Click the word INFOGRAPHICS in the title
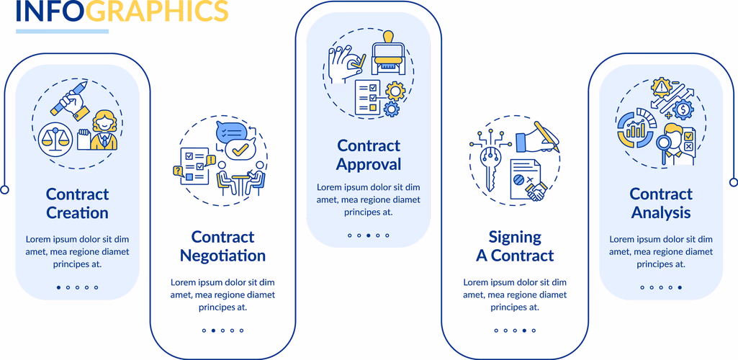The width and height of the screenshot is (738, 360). click(x=122, y=11)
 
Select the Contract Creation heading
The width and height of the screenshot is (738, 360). click(x=77, y=203)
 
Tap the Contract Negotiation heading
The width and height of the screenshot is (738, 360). click(x=222, y=246)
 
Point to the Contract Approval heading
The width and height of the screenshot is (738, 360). click(x=369, y=155)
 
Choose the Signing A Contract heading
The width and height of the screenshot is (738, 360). click(x=515, y=246)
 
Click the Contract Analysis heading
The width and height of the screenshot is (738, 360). click(x=661, y=203)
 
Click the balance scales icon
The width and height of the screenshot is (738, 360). click(x=55, y=139)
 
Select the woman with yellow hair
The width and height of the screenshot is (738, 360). click(x=104, y=131)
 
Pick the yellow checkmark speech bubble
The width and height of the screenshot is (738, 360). click(x=240, y=150)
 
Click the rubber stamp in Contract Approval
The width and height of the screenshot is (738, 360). click(x=388, y=54)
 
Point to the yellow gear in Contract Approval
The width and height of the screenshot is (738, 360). click(x=395, y=91)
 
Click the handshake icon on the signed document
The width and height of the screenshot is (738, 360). click(x=536, y=192)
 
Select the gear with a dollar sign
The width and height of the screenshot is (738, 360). click(x=683, y=109)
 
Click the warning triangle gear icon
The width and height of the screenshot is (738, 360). click(x=661, y=88)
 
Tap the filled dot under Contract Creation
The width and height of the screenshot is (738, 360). click(x=59, y=287)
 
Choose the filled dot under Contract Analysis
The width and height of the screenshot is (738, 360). click(x=680, y=287)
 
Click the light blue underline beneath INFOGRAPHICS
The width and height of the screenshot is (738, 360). click(x=62, y=32)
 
